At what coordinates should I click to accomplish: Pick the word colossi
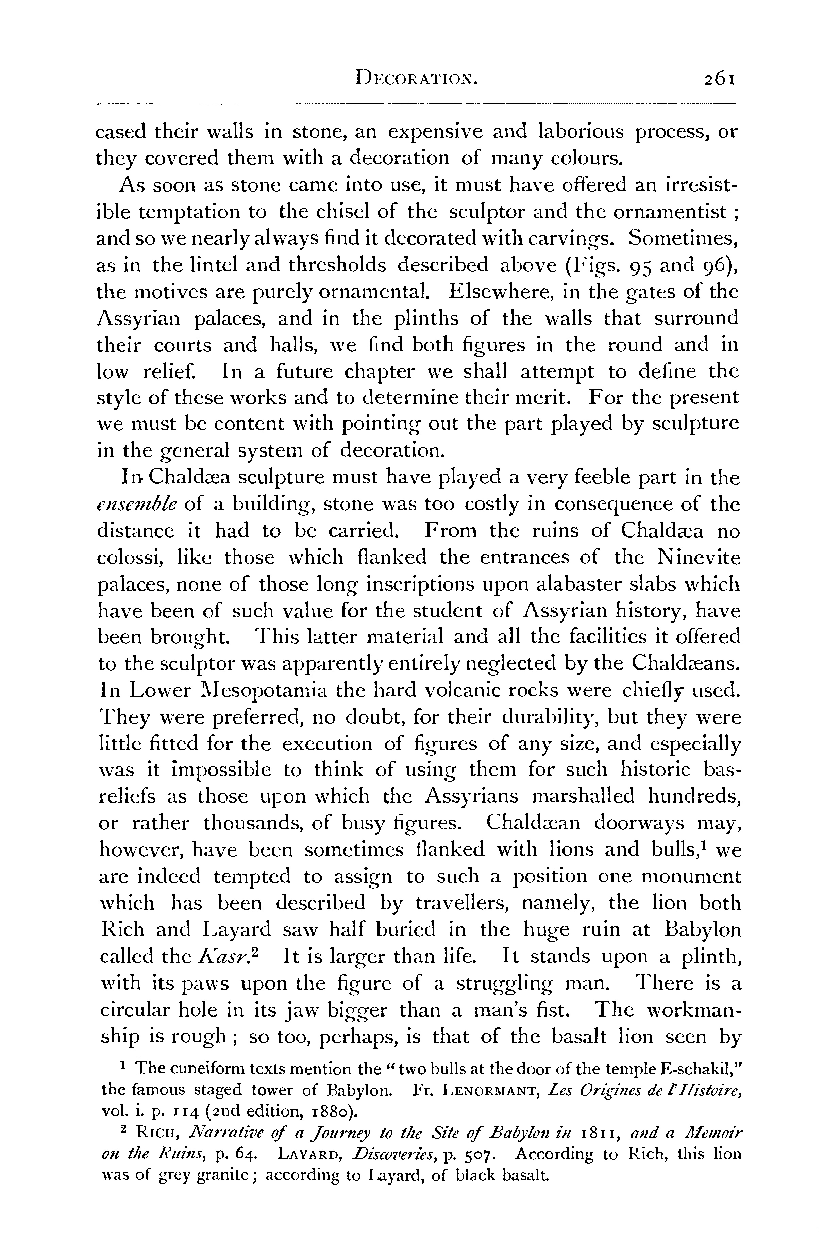[x=127, y=558]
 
